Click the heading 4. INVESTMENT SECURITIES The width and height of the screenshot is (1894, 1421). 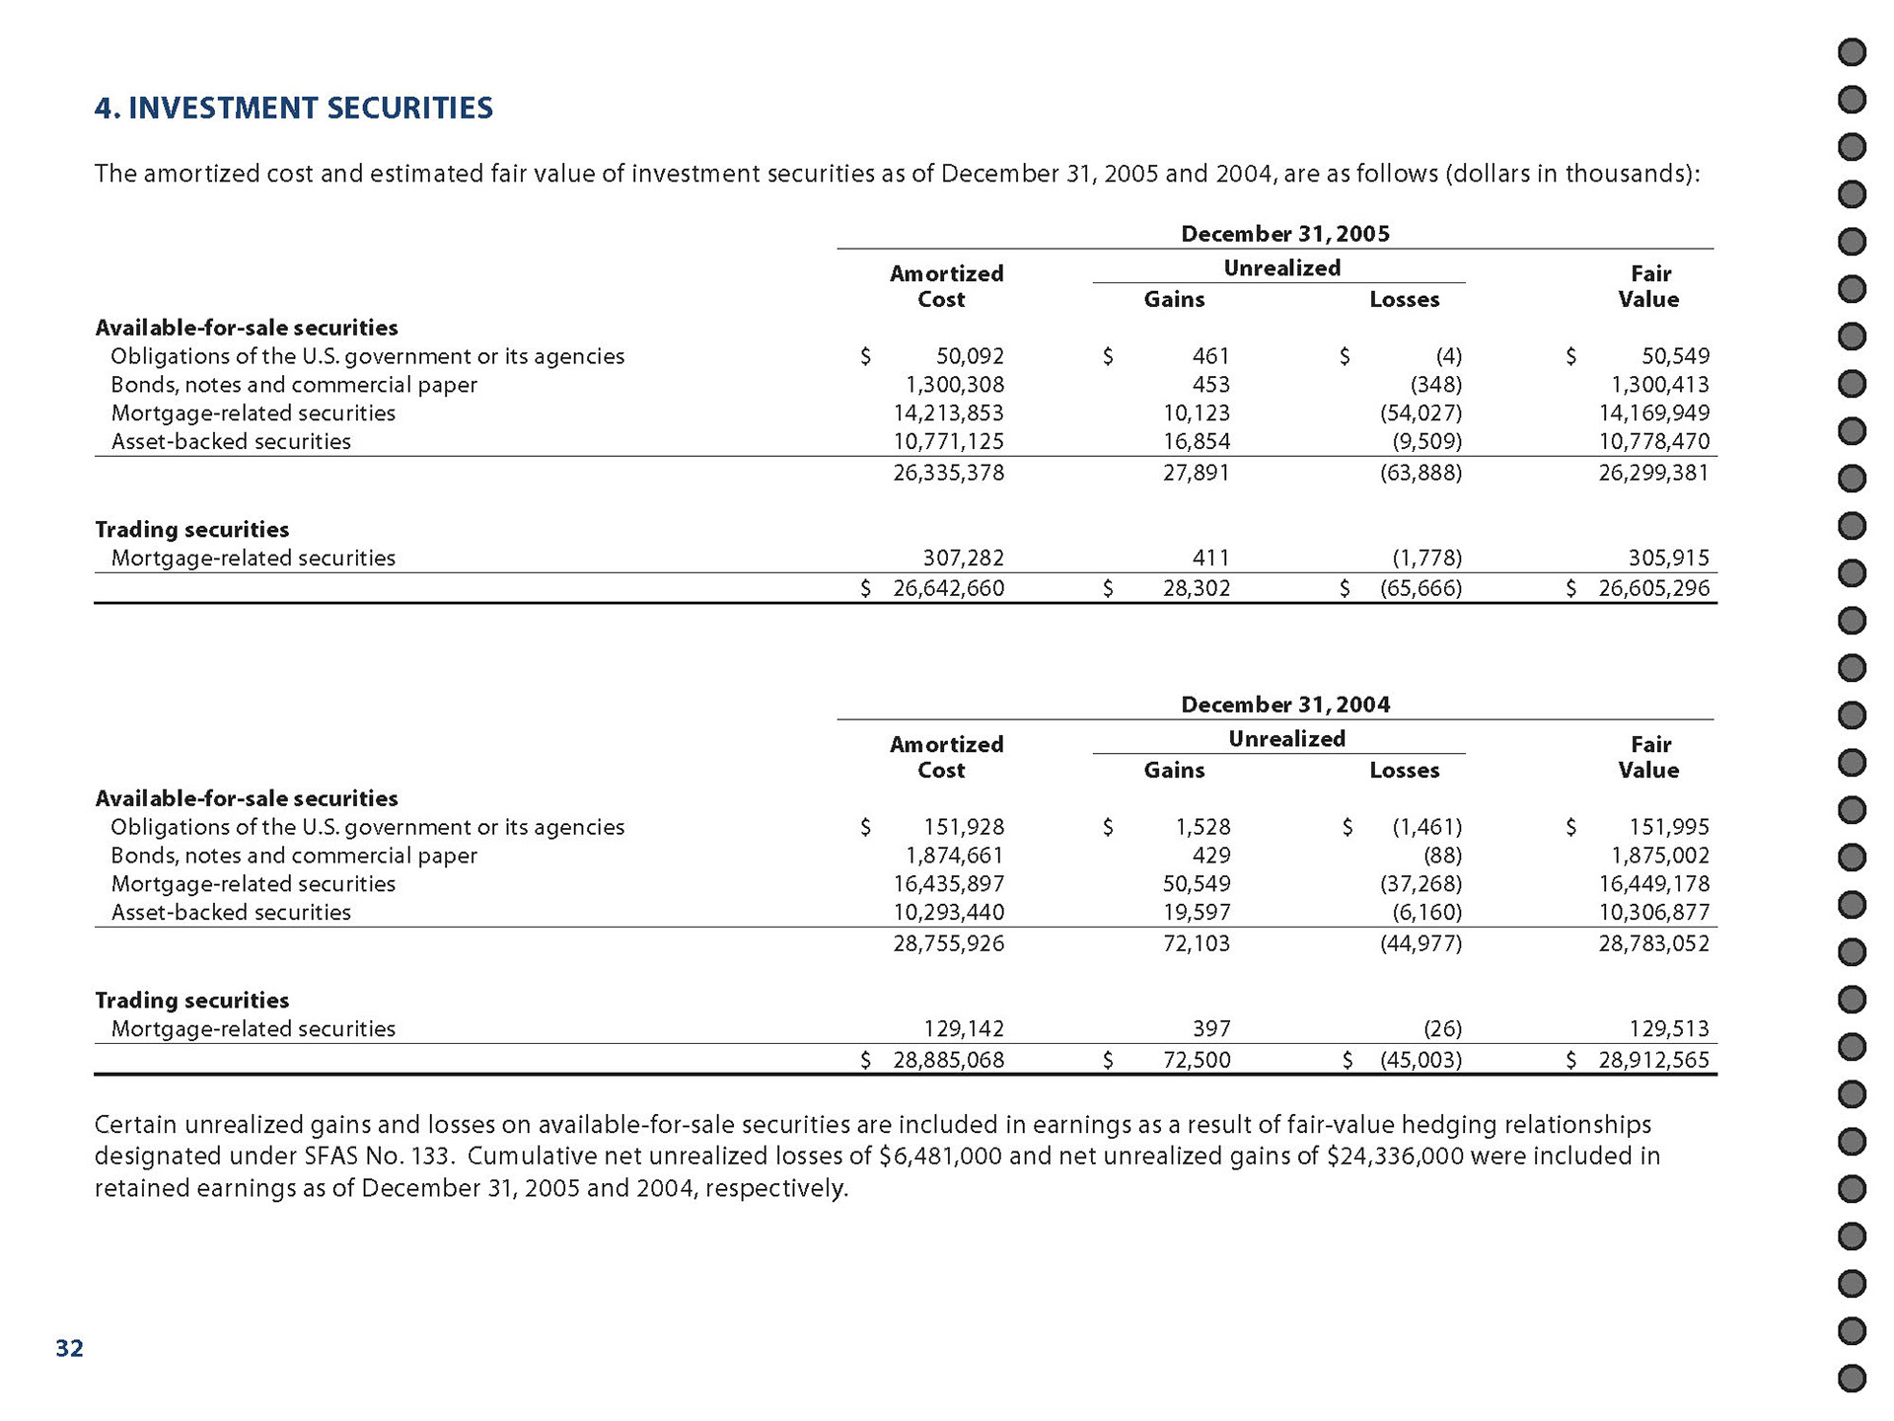293,108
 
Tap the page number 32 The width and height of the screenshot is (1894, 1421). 69,1348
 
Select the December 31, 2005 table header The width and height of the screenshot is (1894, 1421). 1284,234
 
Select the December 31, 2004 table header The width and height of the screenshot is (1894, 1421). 1284,705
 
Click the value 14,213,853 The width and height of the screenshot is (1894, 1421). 948,413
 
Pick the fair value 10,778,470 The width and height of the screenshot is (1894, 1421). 1653,442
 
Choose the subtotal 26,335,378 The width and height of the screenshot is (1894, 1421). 948,473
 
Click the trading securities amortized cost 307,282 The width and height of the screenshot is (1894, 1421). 962,559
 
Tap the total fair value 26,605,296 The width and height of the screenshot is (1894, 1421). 1653,589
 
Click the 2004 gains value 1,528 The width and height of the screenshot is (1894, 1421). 1202,827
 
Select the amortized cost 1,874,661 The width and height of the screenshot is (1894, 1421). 954,856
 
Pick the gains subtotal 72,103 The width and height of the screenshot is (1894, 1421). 1196,943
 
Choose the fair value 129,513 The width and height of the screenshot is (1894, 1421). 1668,1029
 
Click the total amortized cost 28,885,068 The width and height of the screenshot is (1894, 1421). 948,1060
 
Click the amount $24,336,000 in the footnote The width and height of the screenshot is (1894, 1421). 1395,1156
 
